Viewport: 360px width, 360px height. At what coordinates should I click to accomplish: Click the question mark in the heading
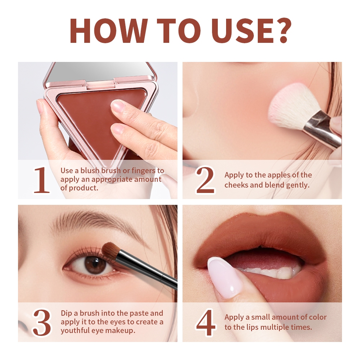[282, 30]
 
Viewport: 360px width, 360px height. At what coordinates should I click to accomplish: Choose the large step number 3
[42, 323]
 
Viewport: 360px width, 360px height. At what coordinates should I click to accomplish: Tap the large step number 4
[206, 323]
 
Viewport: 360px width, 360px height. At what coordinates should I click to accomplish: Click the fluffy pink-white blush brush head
[291, 104]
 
